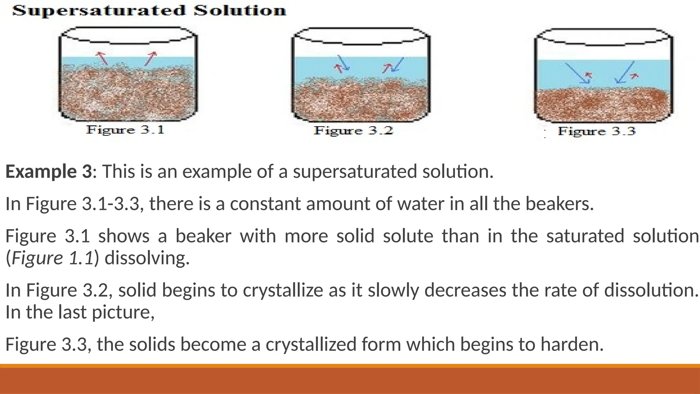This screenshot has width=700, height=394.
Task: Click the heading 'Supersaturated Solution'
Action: coord(149,11)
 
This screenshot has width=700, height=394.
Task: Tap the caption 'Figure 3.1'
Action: coord(125,130)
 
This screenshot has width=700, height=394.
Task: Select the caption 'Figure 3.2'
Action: coord(353,131)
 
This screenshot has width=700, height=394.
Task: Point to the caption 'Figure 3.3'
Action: coord(596,131)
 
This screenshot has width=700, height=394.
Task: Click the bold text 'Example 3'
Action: coord(49,171)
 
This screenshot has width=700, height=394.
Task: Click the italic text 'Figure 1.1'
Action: coord(53,258)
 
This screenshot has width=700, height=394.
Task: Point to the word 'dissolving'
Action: coord(147,258)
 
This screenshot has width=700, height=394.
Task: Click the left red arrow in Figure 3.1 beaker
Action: coord(102,58)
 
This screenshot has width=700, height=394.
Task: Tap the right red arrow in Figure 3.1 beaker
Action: coord(150,58)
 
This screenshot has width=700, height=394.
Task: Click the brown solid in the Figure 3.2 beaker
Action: coord(361,101)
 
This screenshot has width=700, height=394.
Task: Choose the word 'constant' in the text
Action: coord(265,204)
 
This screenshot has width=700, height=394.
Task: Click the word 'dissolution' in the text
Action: coord(650,290)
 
